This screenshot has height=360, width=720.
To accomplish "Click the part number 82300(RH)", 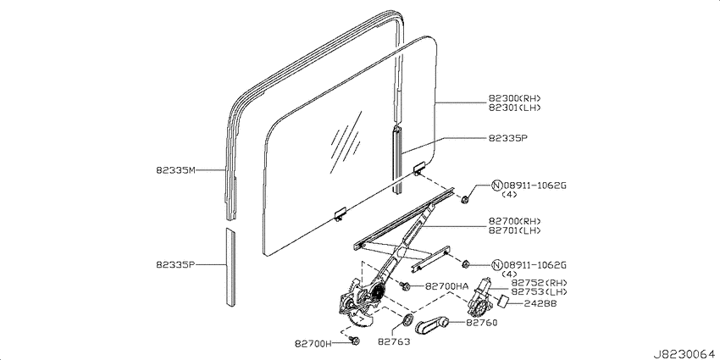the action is pos(515,98).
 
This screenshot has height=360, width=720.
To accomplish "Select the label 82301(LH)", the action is pos(515,108).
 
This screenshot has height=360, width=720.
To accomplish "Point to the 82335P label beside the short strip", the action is pos(176,265).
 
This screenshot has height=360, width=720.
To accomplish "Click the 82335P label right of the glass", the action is pos(508,138).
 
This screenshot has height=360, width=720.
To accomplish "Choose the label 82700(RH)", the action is pos(515,221).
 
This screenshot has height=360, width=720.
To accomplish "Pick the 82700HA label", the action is pos(446,286).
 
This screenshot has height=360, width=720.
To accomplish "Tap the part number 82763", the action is pos(394,341).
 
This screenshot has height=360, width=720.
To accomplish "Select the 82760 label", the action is pos(482,323).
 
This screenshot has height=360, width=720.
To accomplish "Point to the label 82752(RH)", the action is pos(540,282).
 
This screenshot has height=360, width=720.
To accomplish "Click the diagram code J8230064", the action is pos(686,354).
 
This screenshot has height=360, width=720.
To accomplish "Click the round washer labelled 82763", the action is pos(407,319).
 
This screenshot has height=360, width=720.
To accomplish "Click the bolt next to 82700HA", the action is pos(406,286).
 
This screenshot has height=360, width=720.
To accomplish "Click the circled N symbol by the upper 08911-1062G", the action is pos(496,186).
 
